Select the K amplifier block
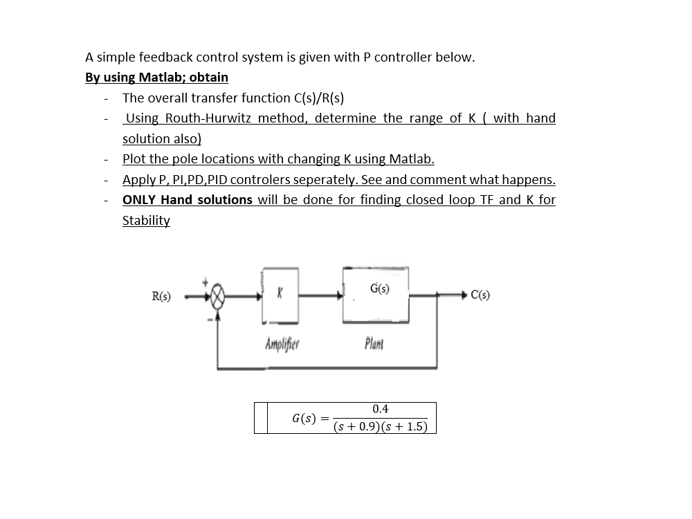pyautogui.click(x=281, y=296)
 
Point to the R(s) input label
pyautogui.click(x=162, y=296)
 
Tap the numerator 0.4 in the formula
pyautogui.click(x=380, y=409)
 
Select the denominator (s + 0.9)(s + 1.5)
pyautogui.click(x=380, y=426)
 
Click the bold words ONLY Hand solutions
pyautogui.click(x=187, y=199)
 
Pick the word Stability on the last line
pyautogui.click(x=146, y=220)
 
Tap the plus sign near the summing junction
pyautogui.click(x=206, y=282)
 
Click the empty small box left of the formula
pyautogui.click(x=261, y=418)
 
